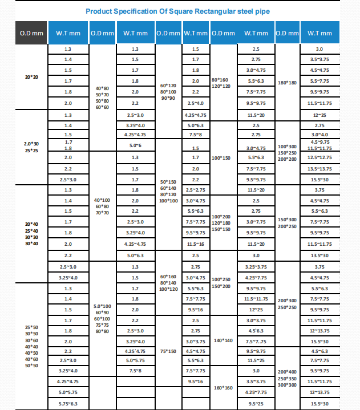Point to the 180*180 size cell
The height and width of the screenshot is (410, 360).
coord(287,82)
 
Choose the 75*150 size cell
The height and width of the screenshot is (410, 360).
coord(168,351)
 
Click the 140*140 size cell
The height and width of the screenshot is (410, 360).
coord(224,340)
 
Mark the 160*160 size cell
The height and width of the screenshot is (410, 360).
coord(224,388)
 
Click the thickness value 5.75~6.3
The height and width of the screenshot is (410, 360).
coord(68,404)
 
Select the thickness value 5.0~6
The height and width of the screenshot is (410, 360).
coord(135,145)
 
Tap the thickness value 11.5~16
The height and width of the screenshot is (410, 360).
coord(196,243)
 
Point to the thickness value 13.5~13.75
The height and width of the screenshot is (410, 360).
coord(319,169)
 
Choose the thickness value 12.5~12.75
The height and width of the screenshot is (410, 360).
coord(319,157)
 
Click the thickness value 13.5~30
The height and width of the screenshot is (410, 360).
coord(319,255)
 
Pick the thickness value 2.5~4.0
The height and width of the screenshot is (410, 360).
coord(196,103)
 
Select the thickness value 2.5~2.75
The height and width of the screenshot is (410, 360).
coord(196,189)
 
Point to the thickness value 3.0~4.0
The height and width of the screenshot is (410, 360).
coord(319,135)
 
